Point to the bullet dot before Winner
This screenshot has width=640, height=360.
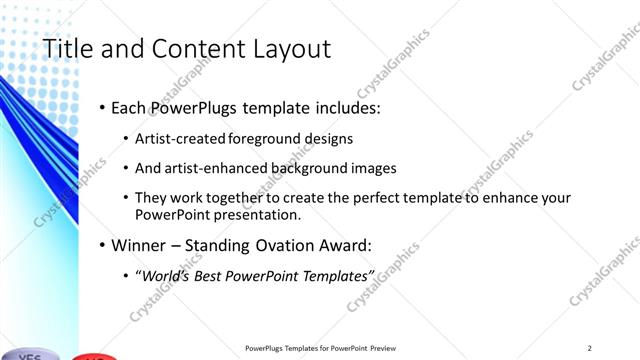pos(102,244)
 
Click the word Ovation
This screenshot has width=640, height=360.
pos(274,244)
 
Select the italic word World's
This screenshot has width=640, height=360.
pos(164,275)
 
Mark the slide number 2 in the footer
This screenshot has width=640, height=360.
pos(590,348)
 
